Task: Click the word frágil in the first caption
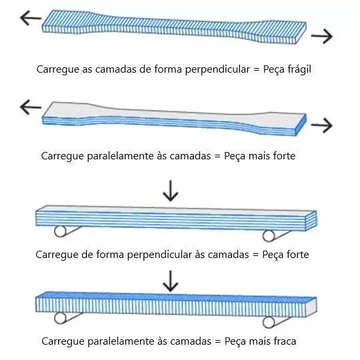point(299,69)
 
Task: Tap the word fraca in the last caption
point(285,341)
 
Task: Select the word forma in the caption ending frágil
point(168,69)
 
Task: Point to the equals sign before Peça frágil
point(256,69)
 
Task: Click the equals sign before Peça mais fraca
point(217,341)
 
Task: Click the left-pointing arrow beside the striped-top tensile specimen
point(31,18)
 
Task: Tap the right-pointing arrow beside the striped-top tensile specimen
point(322,36)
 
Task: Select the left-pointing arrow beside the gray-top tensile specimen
point(31,107)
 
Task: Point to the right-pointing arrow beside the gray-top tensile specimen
point(322,125)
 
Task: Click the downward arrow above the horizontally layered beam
point(171,191)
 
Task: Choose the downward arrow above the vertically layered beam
point(171,281)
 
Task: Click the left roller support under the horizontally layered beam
point(60,231)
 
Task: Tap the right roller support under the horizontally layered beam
point(269,236)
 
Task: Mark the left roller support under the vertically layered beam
point(60,318)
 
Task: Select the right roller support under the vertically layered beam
point(269,323)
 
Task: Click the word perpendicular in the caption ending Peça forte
point(159,255)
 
